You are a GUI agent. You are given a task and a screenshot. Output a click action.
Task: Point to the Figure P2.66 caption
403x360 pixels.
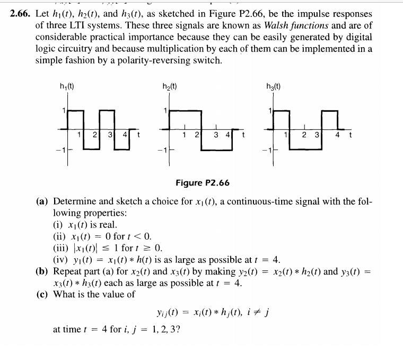coord(202,183)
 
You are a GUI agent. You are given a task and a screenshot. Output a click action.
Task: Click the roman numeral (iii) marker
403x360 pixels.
coord(62,248)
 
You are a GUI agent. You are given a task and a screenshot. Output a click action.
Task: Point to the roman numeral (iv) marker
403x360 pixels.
coord(62,259)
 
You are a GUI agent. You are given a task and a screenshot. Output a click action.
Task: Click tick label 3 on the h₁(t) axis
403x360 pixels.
coord(110,134)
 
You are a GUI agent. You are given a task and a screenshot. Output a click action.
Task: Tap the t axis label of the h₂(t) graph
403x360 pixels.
coord(243,134)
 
